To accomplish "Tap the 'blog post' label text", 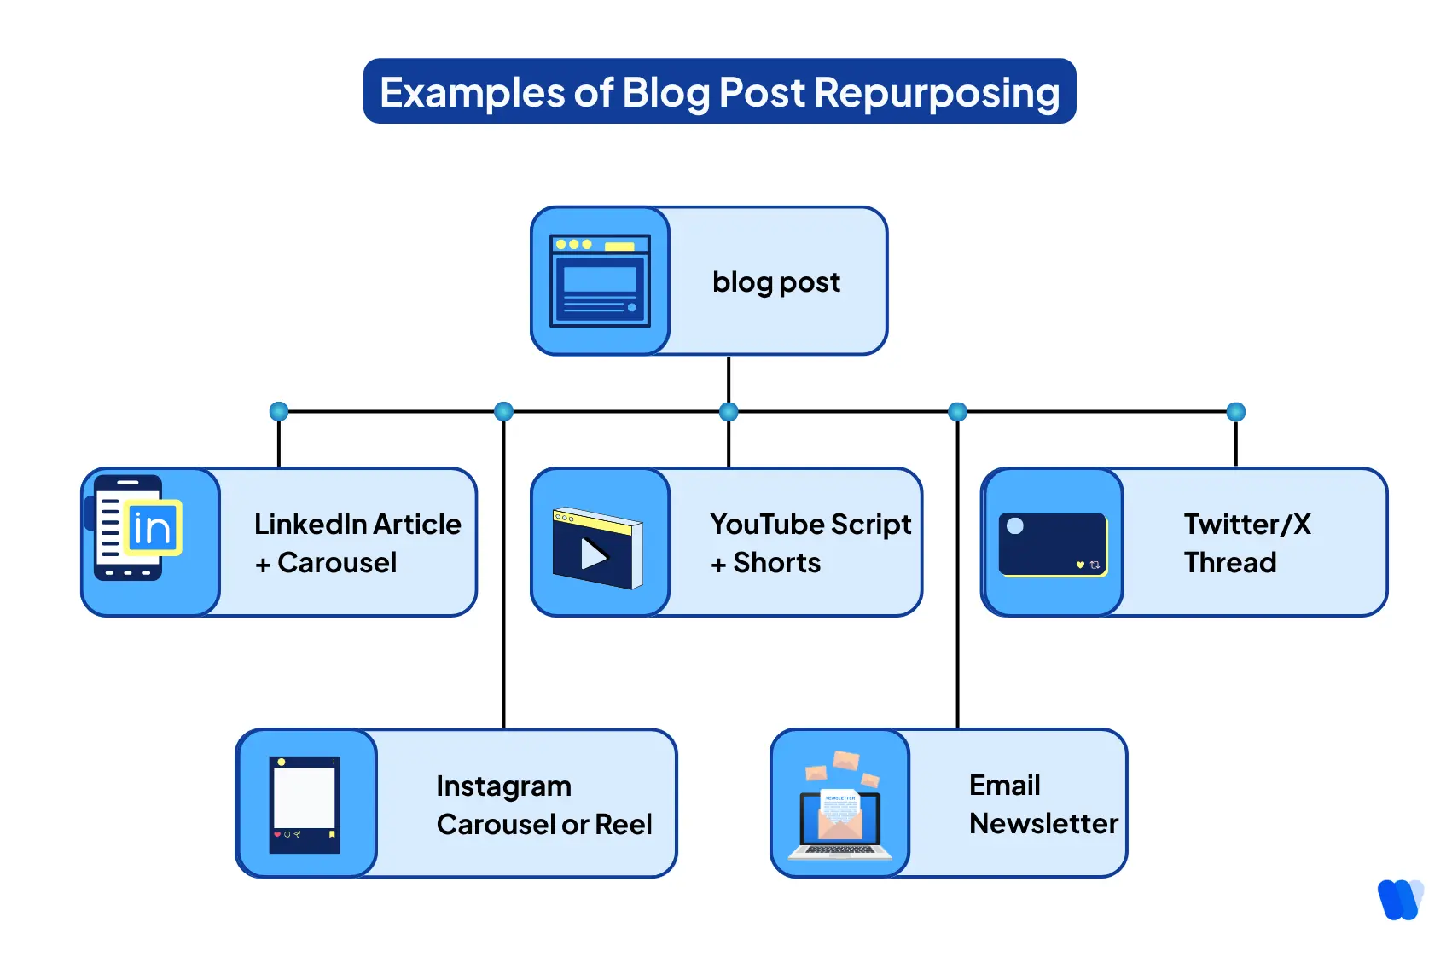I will [775, 282].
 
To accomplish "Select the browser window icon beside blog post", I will [600, 281].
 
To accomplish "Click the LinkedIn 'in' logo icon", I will [153, 528].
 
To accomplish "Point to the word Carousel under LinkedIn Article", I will [337, 563].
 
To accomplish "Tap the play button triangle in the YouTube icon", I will [594, 554].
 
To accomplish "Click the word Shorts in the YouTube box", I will [776, 563].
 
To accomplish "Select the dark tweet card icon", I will [1053, 544].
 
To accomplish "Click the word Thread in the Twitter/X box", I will [1229, 563].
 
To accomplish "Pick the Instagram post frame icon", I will [305, 804].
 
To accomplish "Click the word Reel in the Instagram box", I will [623, 825].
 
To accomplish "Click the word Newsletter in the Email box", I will [1043, 824].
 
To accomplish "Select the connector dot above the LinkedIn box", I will [279, 412].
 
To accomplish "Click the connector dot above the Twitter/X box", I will [1235, 412].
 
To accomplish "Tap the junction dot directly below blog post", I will [729, 412].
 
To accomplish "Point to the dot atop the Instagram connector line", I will [504, 412].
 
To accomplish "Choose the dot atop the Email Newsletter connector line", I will [957, 412].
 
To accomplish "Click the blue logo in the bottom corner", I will [1399, 899].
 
